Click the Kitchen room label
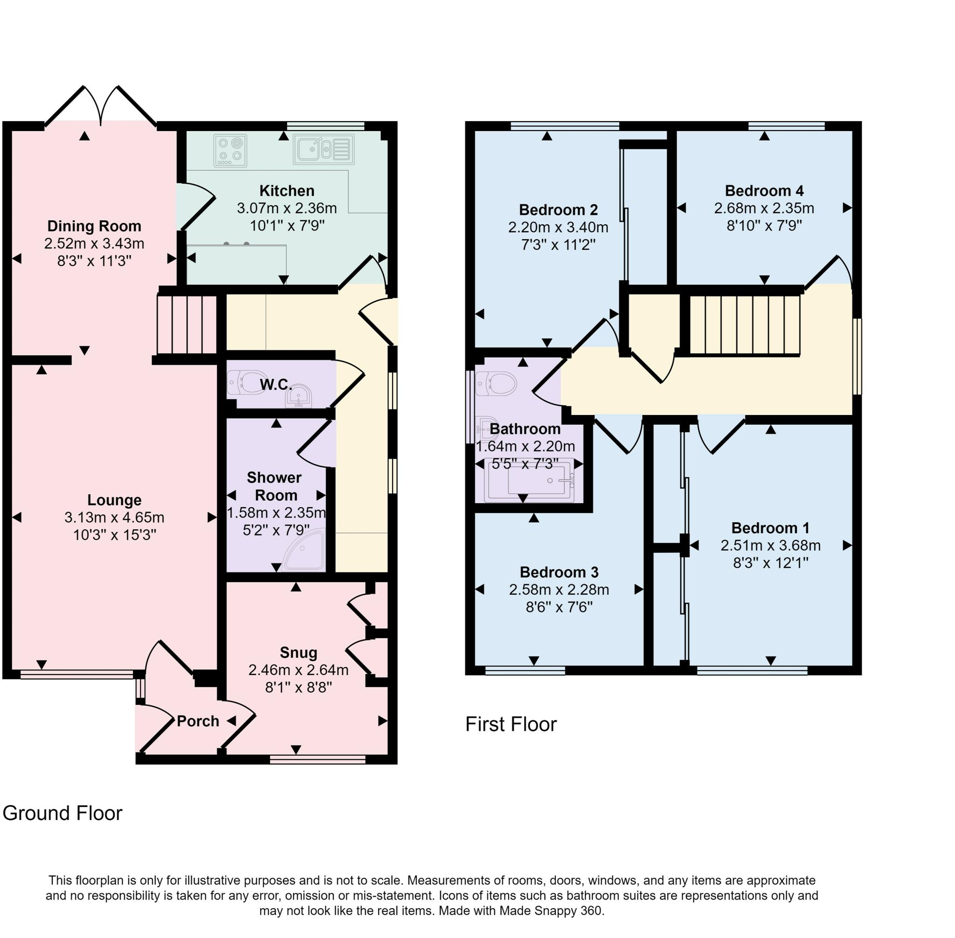286,191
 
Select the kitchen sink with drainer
323,149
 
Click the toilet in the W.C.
246,382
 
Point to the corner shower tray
306,551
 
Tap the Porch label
198,721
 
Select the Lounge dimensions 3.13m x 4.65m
114,517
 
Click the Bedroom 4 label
764,191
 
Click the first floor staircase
743,324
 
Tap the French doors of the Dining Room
101,106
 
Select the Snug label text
298,653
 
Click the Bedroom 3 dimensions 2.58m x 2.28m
559,590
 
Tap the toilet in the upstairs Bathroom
496,383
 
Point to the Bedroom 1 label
770,528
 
